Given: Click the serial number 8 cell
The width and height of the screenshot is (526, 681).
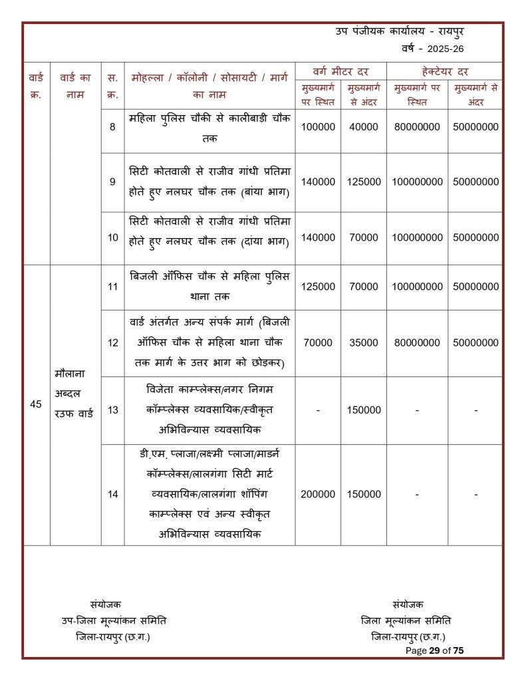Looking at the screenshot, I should pyautogui.click(x=112, y=126).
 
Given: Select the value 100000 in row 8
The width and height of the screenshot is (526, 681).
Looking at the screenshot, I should pyautogui.click(x=318, y=126).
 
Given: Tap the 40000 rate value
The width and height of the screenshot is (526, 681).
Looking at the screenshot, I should pyautogui.click(x=364, y=126).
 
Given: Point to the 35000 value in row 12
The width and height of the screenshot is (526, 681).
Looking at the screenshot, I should pyautogui.click(x=364, y=342).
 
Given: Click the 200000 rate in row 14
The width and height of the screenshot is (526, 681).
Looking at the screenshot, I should pyautogui.click(x=318, y=494).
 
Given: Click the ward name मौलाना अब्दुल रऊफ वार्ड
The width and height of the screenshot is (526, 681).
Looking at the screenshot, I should pyautogui.click(x=75, y=392).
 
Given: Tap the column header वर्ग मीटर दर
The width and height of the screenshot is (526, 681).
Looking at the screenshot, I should pyautogui.click(x=340, y=70).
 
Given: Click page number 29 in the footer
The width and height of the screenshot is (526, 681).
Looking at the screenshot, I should pyautogui.click(x=435, y=650).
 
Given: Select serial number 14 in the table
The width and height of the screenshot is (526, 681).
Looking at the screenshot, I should pyautogui.click(x=112, y=494).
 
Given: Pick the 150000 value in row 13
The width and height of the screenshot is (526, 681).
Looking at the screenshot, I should pyautogui.click(x=364, y=410).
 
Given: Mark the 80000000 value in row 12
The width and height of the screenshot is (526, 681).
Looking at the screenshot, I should pyautogui.click(x=417, y=342).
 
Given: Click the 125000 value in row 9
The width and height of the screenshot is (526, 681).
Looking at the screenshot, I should pyautogui.click(x=364, y=182).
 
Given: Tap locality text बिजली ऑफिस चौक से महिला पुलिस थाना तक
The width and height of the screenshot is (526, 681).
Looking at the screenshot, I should pyautogui.click(x=210, y=286).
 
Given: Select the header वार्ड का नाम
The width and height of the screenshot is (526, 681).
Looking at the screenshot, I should pyautogui.click(x=75, y=86).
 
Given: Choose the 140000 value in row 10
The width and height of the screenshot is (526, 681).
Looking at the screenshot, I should pyautogui.click(x=318, y=237).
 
